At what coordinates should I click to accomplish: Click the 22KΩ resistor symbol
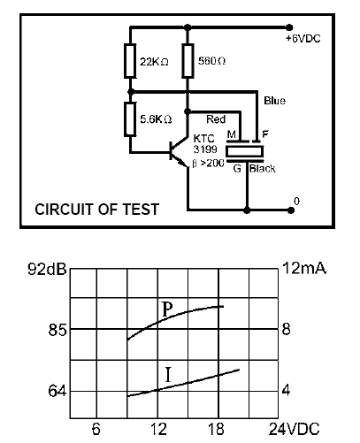tap(130, 61)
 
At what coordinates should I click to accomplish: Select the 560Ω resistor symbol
tap(188, 61)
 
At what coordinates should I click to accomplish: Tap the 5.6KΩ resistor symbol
tap(130, 119)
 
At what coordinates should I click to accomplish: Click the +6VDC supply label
tap(303, 39)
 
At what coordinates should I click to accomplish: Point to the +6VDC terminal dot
tap(289, 27)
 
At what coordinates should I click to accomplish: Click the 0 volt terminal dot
tap(291, 210)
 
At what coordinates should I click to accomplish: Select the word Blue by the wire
tap(274, 101)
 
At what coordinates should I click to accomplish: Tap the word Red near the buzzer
tap(216, 119)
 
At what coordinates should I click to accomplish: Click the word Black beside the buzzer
tap(263, 169)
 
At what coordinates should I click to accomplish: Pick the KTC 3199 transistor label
tap(205, 144)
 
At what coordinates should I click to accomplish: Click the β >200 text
tap(208, 163)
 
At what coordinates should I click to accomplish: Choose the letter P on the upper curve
tap(167, 309)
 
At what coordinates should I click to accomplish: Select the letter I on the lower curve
tap(168, 375)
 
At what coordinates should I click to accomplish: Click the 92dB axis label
tap(47, 269)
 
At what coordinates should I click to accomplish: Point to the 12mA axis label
tap(304, 268)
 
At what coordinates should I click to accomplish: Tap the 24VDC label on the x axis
tap(294, 429)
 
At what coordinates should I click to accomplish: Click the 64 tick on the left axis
tap(57, 392)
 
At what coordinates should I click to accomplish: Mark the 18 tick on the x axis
tap(216, 429)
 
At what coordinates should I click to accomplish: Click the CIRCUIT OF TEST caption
tap(97, 210)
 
